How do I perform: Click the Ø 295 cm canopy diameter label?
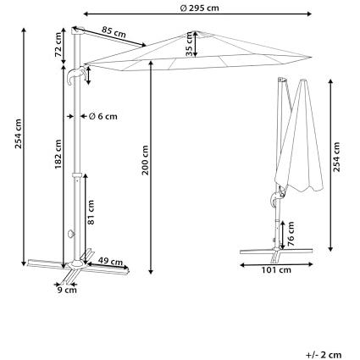pos(199,8)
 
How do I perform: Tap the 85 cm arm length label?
pos(114,32)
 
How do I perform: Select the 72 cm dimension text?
pos(58,45)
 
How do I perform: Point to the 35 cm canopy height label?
pos(189,44)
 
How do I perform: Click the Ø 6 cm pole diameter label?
pos(102,116)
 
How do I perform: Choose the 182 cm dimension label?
pos(58,154)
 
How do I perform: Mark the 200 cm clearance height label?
pos(145,160)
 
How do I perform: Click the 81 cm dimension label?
pos(91,213)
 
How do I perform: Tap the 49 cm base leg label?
pos(110,262)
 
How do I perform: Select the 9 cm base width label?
pos(67,290)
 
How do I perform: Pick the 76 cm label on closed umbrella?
pos(291,234)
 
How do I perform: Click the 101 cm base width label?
pos(276,270)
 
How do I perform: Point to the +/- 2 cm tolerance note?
pos(324,355)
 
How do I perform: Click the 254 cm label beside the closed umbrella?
pos(336,157)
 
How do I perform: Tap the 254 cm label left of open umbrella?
pos(19,134)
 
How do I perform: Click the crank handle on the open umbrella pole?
pos(75,75)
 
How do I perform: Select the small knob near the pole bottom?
pos(70,234)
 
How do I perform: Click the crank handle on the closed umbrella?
pos(277,197)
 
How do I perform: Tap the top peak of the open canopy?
pos(197,31)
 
